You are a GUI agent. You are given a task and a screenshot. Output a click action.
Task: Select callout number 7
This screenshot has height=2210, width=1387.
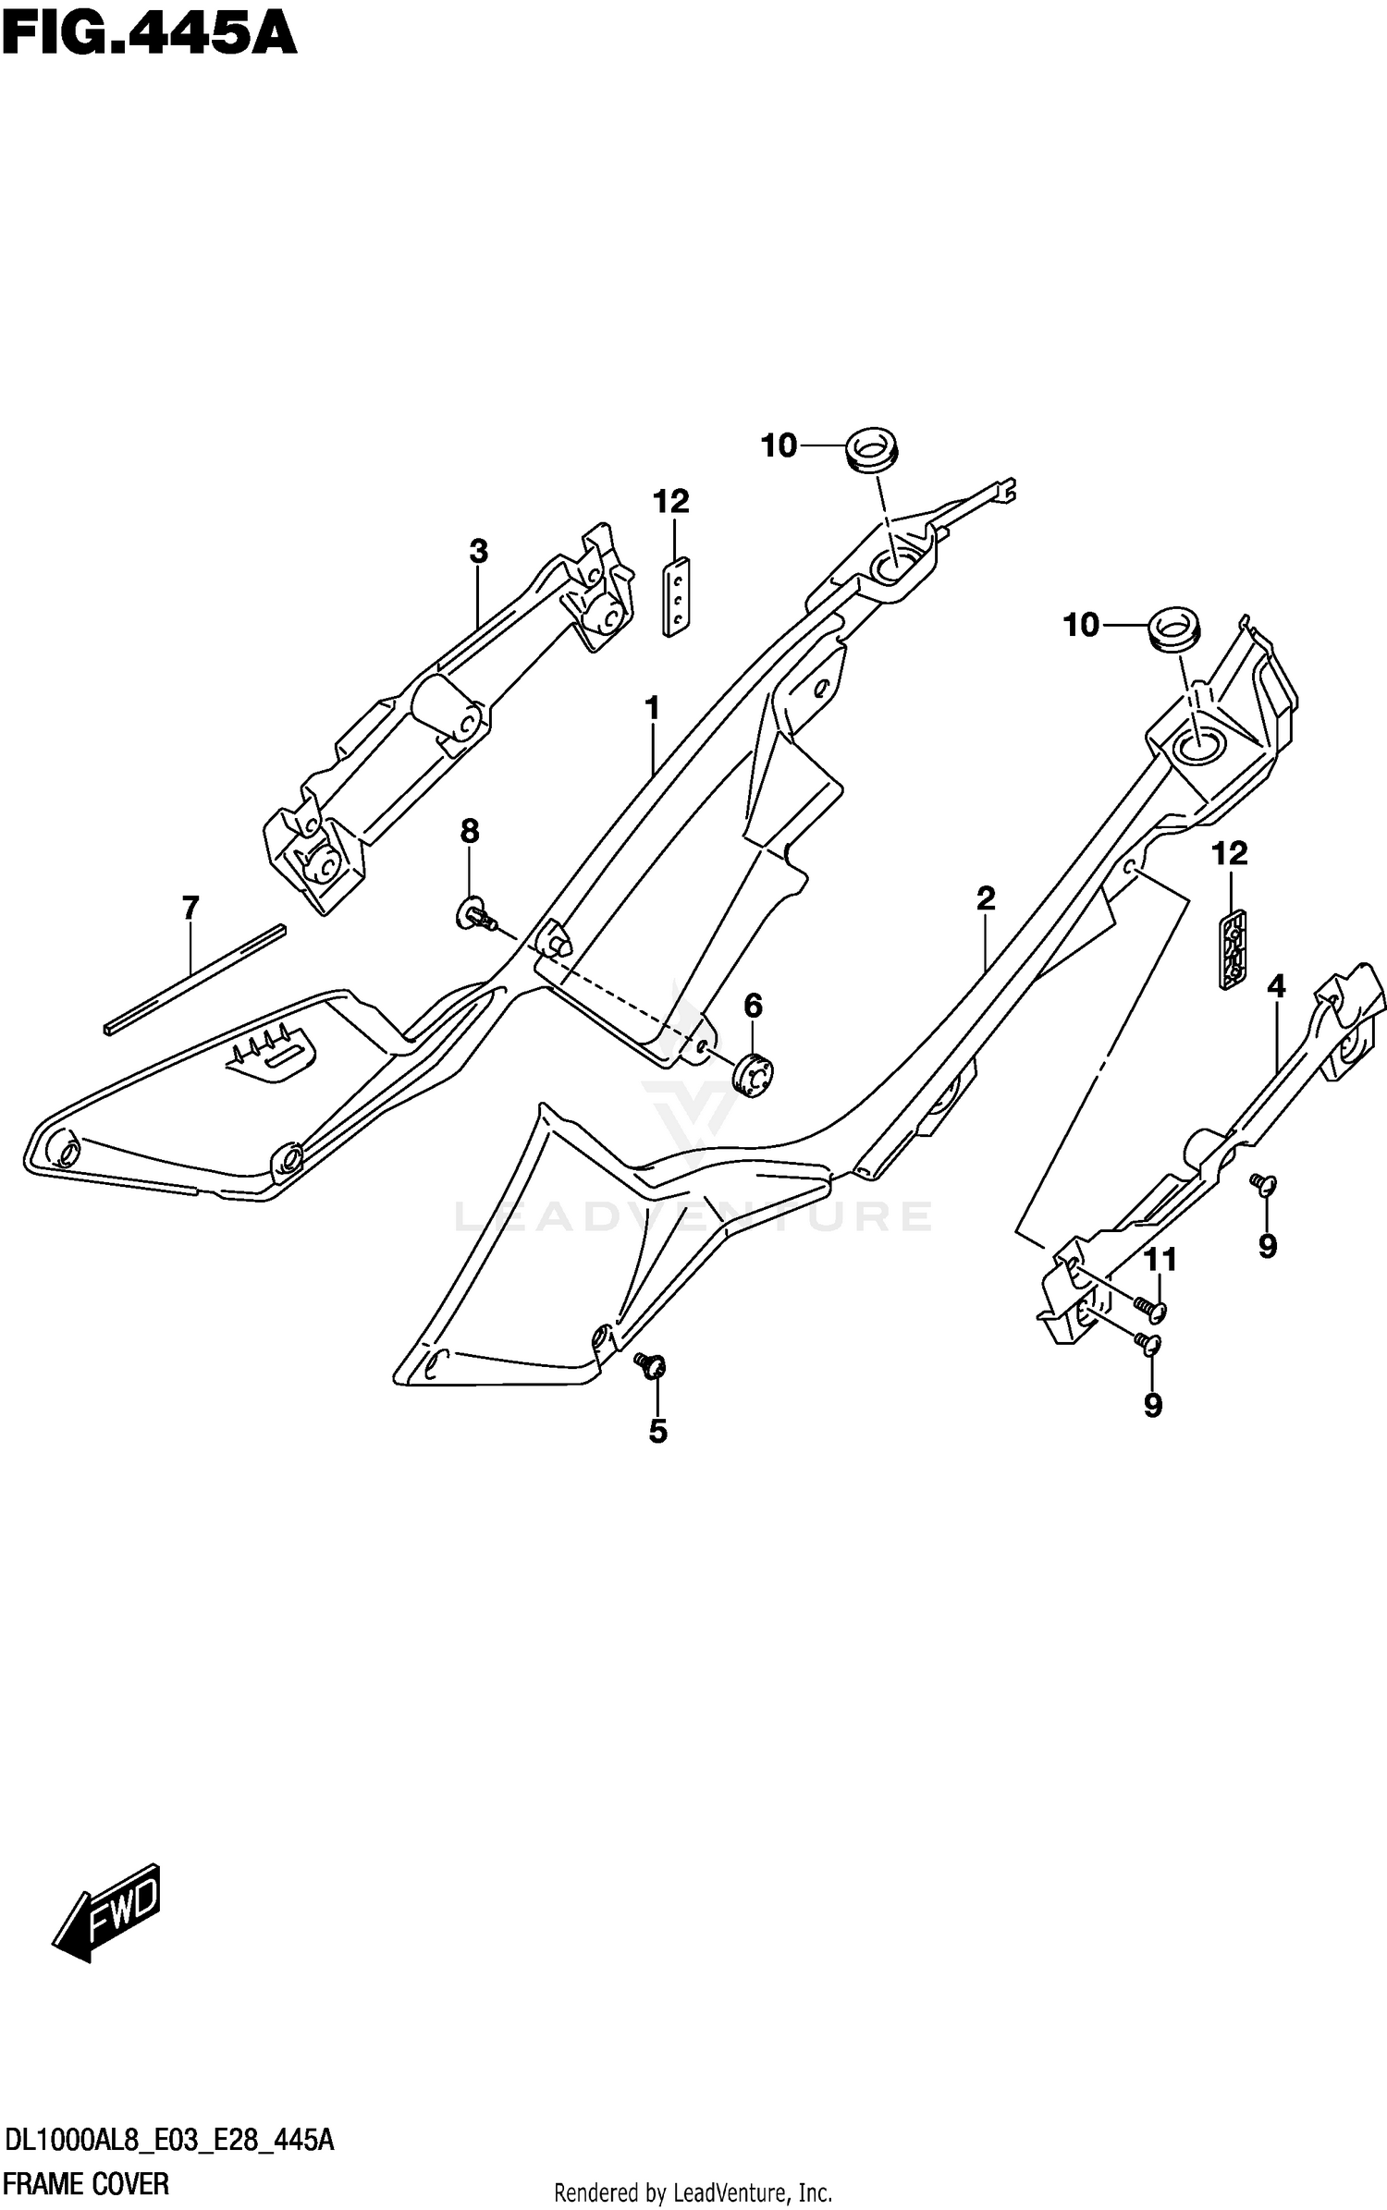click(190, 909)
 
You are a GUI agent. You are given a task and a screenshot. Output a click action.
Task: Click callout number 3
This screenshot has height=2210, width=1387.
click(477, 552)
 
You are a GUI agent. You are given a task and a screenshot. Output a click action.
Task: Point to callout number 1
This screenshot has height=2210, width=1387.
click(653, 709)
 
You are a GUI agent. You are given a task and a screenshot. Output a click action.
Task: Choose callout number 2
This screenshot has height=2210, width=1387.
click(986, 897)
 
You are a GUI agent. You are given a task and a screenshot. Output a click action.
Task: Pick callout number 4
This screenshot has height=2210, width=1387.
click(1276, 987)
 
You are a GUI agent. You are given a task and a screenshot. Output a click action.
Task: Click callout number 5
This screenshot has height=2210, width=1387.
click(657, 1432)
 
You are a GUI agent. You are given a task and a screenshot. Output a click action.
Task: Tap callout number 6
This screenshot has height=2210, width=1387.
click(753, 1005)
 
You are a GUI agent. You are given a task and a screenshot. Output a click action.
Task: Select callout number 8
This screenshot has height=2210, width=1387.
click(470, 832)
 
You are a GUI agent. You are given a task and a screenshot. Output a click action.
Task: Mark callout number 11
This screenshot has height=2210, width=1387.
click(1160, 1259)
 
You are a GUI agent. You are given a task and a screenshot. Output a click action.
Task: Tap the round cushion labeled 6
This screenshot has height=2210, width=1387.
click(754, 1075)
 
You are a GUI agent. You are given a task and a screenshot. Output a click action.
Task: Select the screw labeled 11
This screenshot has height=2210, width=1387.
click(1150, 1306)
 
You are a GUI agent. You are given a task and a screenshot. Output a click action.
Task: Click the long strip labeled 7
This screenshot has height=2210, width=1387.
click(194, 978)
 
